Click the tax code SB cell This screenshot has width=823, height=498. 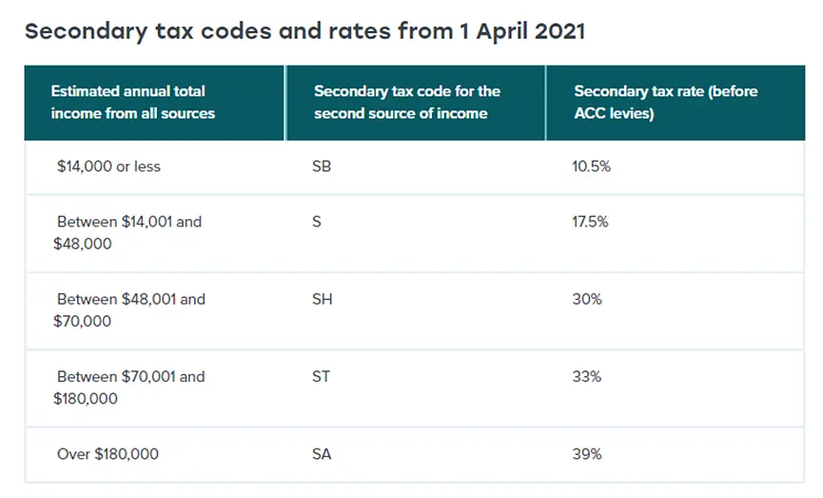322,167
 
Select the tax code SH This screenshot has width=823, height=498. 323,299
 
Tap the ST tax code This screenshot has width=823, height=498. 322,376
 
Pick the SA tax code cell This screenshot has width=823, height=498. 322,454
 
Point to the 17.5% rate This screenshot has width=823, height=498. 591,222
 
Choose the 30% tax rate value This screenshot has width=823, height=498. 587,299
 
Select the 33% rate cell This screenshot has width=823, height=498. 587,376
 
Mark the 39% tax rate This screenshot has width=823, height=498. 587,454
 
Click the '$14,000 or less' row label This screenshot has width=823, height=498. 108,167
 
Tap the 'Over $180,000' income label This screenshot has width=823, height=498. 108,454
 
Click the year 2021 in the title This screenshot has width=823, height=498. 557,30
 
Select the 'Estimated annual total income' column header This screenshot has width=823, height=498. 133,103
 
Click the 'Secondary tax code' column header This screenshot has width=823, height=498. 406,103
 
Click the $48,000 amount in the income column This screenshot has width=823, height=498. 83,244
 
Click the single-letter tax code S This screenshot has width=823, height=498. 317,222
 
